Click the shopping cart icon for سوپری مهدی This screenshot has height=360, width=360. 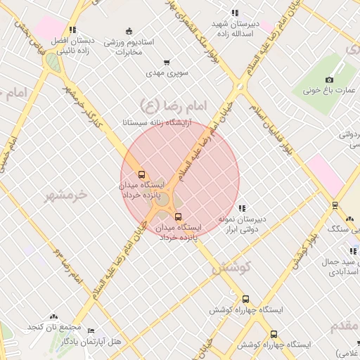[166, 63]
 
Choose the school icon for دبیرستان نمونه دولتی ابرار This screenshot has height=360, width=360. [242, 208]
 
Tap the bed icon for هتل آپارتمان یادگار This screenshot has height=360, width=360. [90, 330]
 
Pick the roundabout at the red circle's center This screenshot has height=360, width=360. [162, 199]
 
